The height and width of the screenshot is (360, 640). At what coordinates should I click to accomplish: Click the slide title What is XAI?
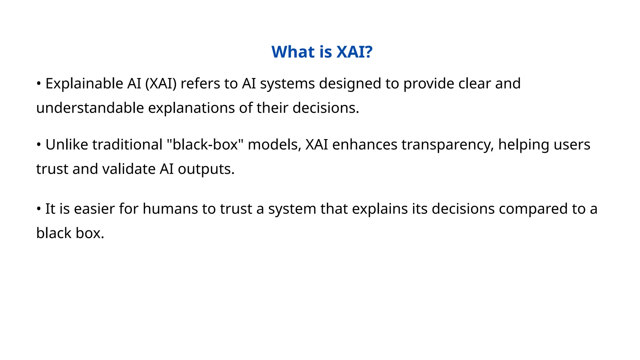point(322,52)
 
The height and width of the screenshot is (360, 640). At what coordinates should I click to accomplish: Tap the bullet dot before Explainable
point(39,83)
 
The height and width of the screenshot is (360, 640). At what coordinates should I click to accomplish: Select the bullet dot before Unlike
point(39,145)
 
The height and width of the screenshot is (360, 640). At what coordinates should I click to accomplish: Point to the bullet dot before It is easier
point(39,209)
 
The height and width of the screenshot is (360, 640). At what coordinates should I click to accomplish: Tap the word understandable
point(90,108)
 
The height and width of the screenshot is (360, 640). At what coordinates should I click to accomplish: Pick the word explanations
point(192,108)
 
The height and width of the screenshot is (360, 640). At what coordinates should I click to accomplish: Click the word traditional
point(127,145)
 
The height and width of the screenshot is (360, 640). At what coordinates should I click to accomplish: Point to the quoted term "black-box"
point(205,145)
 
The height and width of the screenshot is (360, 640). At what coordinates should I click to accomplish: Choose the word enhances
point(365,145)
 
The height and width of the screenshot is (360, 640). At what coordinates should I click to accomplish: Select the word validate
point(129,169)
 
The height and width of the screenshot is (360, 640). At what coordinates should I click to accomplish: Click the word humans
point(170,209)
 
